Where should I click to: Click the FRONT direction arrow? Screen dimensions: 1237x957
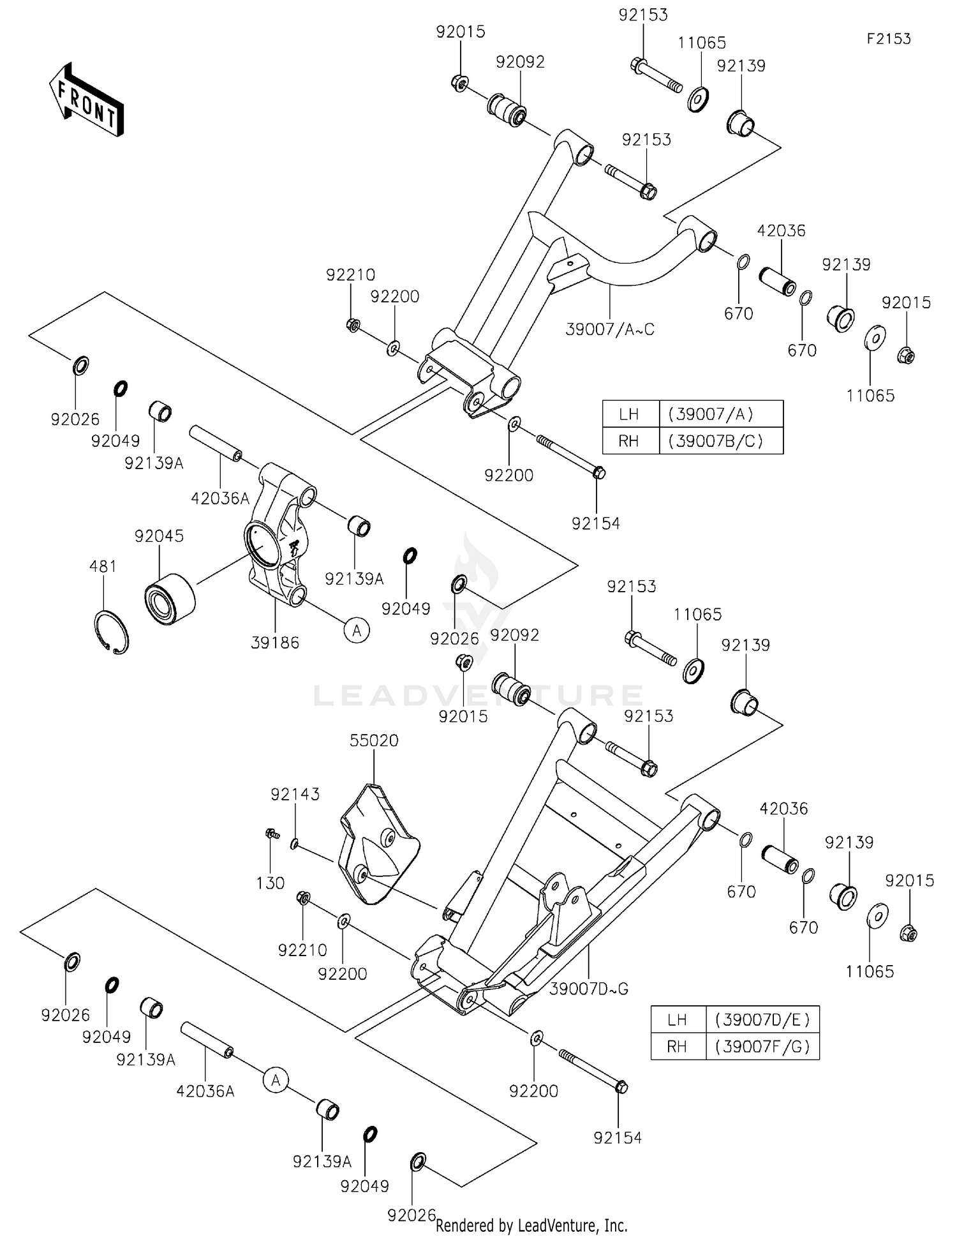click(86, 100)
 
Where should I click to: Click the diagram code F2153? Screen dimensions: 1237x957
click(888, 39)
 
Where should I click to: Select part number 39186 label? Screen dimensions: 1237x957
click(275, 643)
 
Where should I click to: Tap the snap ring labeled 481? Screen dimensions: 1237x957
click(112, 632)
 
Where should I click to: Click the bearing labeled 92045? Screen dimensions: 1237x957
click(168, 596)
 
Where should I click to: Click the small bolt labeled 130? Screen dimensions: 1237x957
click(272, 833)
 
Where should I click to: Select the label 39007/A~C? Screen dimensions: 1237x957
click(610, 330)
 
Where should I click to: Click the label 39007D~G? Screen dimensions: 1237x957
click(588, 989)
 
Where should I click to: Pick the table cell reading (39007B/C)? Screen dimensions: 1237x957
click(720, 441)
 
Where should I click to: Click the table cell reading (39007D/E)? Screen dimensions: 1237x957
click(762, 1019)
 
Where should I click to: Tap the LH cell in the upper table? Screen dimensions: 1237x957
click(630, 414)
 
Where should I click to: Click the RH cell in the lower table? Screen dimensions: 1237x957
click(678, 1047)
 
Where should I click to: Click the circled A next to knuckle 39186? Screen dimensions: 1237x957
click(357, 631)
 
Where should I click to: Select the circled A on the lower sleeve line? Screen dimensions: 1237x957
click(276, 1080)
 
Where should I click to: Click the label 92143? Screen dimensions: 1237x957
click(295, 794)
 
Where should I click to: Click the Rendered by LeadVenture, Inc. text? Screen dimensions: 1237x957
click(531, 1226)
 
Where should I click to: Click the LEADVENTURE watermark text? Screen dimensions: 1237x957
click(478, 695)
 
